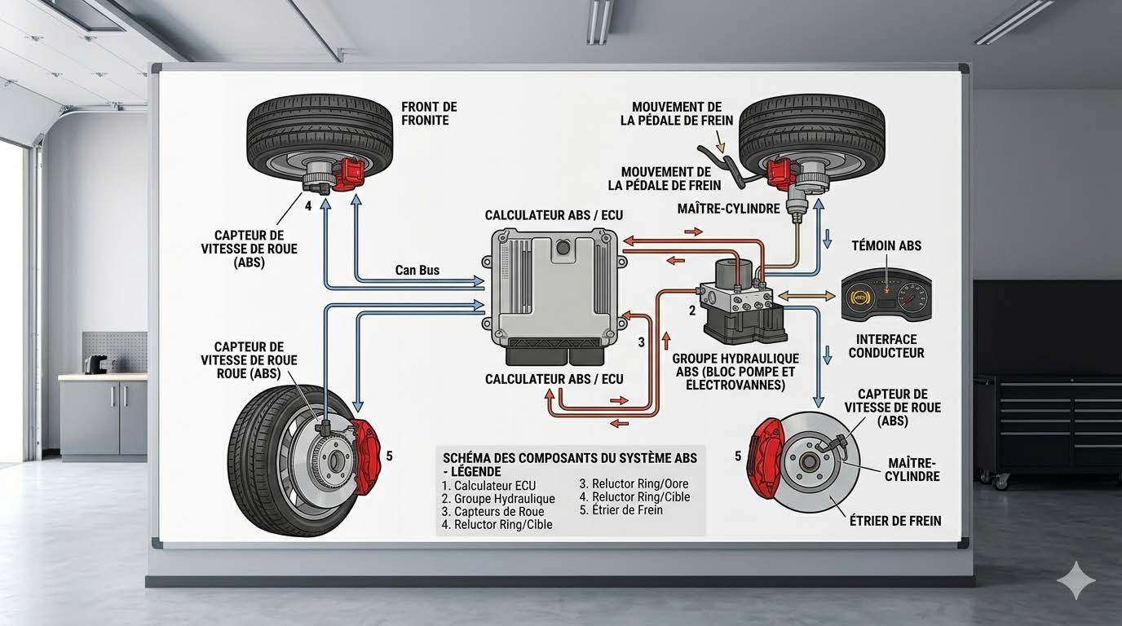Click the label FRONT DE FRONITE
point(429,113)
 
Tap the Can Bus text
point(417,270)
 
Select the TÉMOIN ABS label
point(886,245)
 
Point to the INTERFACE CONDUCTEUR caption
point(886,346)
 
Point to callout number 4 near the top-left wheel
point(308,206)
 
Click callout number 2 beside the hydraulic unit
point(692,311)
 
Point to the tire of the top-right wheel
point(812,114)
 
